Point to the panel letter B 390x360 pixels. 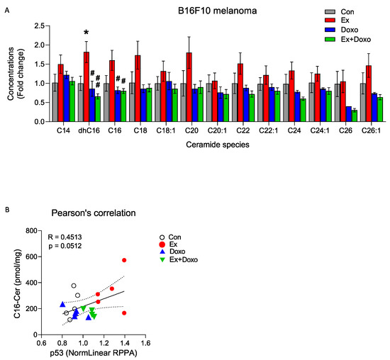point(7,210)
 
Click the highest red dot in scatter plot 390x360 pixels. point(124,260)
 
